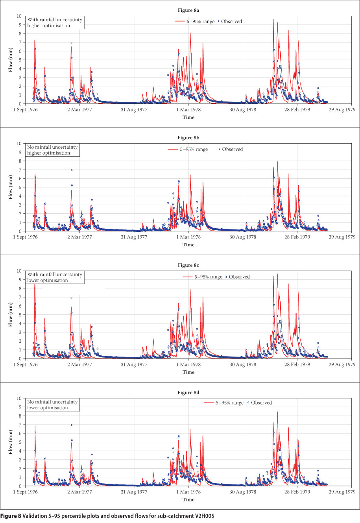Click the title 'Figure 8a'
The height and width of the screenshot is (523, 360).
(x=188, y=10)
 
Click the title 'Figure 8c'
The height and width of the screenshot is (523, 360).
(x=188, y=265)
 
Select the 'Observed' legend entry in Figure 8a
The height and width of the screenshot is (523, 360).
(x=231, y=22)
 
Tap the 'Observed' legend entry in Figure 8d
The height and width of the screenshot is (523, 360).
(x=261, y=403)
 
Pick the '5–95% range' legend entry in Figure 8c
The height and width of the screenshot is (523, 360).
(x=208, y=277)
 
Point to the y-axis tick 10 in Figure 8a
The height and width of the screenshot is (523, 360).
(x=19, y=16)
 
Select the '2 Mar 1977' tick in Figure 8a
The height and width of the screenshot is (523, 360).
(x=79, y=110)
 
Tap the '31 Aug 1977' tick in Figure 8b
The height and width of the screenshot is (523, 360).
(x=134, y=237)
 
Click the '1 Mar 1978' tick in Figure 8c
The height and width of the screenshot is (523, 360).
(x=188, y=365)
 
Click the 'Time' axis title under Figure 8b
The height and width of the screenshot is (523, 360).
(x=188, y=245)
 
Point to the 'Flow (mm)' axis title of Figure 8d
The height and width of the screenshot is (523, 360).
(x=11, y=442)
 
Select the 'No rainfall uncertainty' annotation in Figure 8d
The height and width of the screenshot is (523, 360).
(x=52, y=402)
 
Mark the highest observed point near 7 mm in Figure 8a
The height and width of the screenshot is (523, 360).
(x=71, y=43)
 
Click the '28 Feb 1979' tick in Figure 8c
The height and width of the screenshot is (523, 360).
(x=297, y=365)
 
